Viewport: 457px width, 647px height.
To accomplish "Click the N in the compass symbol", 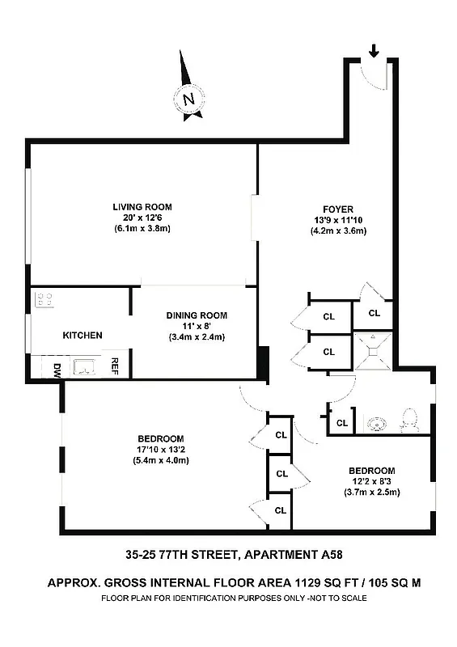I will point(189,101).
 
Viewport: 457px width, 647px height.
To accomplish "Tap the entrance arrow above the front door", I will point(373,51).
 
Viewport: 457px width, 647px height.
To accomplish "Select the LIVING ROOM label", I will point(142,207).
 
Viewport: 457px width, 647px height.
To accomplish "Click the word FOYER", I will point(338,209).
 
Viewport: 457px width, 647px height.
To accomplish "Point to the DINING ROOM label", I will point(197,315).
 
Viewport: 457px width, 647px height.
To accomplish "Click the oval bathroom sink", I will point(377,421).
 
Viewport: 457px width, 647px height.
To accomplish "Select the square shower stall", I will point(373,350).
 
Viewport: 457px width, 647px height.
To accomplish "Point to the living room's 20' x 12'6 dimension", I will point(142,218).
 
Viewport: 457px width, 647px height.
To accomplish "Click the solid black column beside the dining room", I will point(261,362).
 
